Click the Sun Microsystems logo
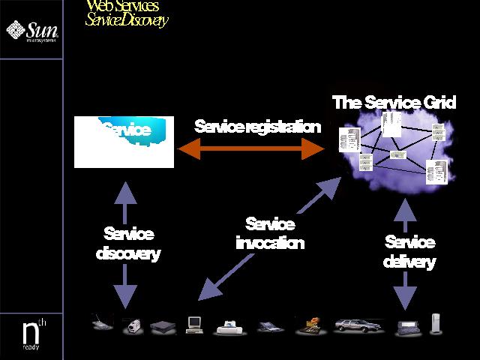31,31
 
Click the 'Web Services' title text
122,7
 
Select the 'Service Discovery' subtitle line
126,20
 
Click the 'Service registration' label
256,126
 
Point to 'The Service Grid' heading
394,102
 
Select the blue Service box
124,141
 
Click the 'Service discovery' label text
128,244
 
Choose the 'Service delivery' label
409,251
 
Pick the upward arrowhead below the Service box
125,193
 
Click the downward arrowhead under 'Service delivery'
406,296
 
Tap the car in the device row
357,325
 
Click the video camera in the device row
133,326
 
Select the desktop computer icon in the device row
195,325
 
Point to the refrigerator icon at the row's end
436,325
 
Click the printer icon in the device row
229,327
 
